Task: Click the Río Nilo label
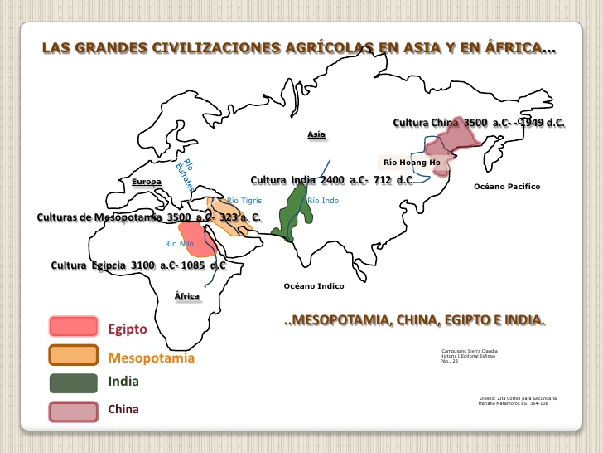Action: [x=179, y=244]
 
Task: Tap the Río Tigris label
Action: [x=244, y=200]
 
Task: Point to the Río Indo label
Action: [x=323, y=201]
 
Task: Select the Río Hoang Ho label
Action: [x=411, y=163]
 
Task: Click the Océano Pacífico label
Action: [x=506, y=187]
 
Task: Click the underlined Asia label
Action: [x=316, y=134]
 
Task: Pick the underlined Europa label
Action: [x=147, y=181]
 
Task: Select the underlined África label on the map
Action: [x=186, y=296]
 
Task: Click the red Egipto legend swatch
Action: [x=73, y=327]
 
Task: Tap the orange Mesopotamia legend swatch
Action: [x=73, y=355]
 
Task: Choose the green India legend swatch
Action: [x=73, y=383]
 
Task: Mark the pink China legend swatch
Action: [x=73, y=411]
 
